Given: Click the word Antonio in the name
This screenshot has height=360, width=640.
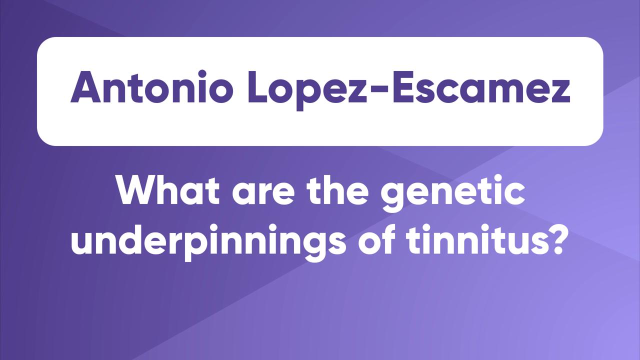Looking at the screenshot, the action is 151,86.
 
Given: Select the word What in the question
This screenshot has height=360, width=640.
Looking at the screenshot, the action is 168,189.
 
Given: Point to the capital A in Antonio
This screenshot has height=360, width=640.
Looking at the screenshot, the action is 85,87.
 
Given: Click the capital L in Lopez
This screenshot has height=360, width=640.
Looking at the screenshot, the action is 257,87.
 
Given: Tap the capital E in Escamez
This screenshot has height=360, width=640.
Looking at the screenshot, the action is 402,87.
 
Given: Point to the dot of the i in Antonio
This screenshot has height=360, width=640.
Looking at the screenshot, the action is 202,73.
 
